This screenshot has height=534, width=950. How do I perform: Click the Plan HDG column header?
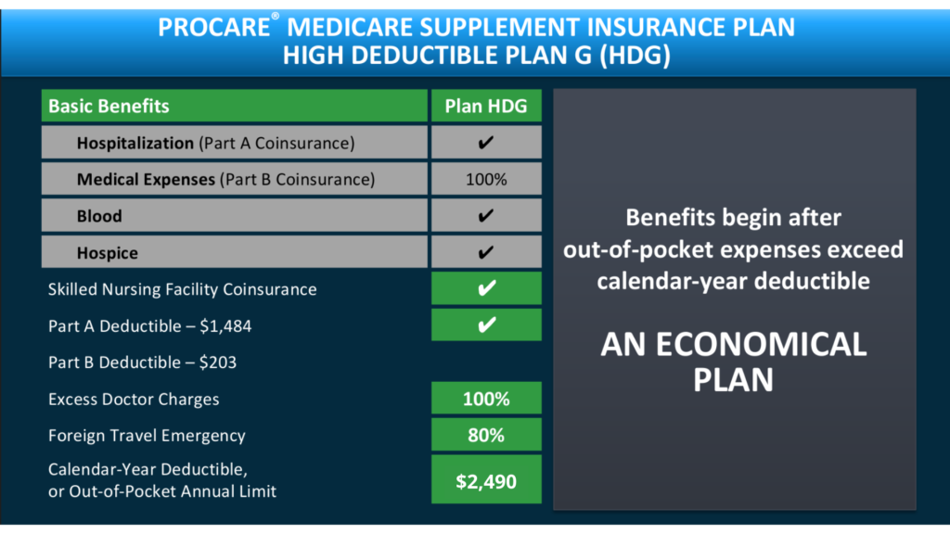coord(486,106)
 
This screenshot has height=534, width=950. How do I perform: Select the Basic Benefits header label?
coord(109,106)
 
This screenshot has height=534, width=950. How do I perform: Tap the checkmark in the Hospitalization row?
coord(486,143)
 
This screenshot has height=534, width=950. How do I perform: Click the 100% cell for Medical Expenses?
coord(486,179)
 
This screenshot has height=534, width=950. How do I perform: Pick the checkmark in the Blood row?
coord(486,215)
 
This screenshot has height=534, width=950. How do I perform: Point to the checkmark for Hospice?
coord(486,252)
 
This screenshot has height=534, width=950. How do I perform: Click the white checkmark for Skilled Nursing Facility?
coord(486,288)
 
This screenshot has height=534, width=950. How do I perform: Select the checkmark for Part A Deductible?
coord(486,325)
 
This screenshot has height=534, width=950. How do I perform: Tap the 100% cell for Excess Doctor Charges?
coord(486,399)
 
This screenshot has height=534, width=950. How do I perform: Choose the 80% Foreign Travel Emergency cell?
coord(486,436)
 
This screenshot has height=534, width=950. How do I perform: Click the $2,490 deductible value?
coord(486,481)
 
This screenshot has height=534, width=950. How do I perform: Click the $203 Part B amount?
coord(217,362)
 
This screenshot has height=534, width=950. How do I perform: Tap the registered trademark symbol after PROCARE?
coord(275,16)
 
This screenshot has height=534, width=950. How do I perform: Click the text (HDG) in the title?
coord(635,55)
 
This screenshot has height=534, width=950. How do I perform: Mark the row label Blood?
coord(99,216)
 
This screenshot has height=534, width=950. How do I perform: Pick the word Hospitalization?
coord(135,144)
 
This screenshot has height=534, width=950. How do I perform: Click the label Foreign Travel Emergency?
coord(147,436)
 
